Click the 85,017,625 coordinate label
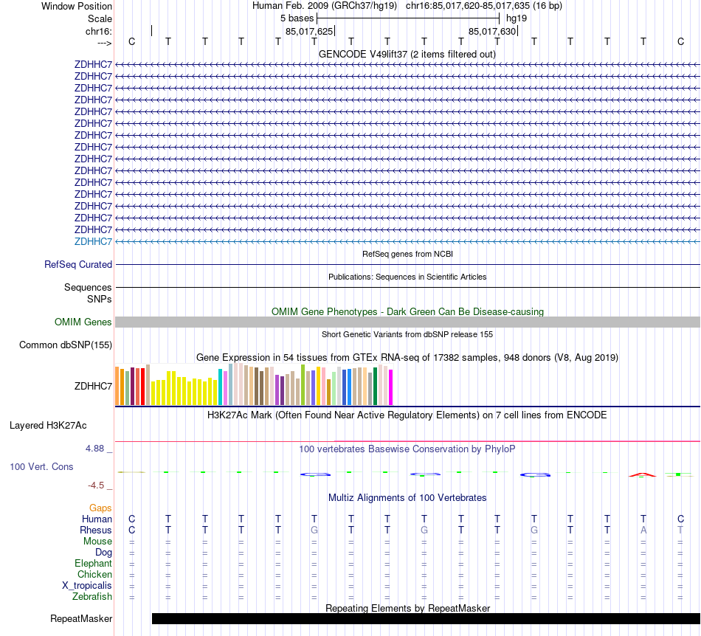(309, 31)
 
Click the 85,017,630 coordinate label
(492, 31)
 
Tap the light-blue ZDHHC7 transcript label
(93, 241)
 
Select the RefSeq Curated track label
(78, 264)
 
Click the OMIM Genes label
(83, 322)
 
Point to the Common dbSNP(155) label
(66, 345)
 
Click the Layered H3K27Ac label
(48, 425)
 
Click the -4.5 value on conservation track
(100, 485)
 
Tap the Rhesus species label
(96, 530)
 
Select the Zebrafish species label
(94, 596)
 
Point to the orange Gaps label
(100, 508)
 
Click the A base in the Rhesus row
(643, 530)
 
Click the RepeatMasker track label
(81, 618)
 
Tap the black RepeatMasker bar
(425, 618)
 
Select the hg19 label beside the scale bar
(517, 17)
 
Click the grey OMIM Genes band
(407, 322)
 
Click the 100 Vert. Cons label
(41, 466)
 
